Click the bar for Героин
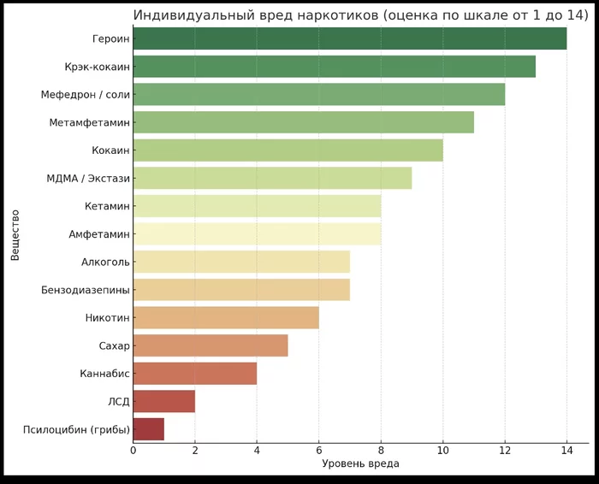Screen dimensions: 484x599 tap(349, 38)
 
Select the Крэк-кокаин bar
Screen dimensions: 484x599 tap(334, 67)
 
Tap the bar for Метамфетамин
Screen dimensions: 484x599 tap(303, 122)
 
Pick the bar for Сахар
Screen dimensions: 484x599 tap(211, 345)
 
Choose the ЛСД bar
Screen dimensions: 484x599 tap(164, 401)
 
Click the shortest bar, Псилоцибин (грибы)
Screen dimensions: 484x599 tap(149, 429)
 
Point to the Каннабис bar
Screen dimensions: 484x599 tap(195, 374)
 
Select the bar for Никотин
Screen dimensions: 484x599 tap(226, 318)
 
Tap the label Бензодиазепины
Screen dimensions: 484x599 tap(86, 290)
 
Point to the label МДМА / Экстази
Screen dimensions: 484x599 tap(88, 178)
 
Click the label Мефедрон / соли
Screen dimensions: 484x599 tap(86, 94)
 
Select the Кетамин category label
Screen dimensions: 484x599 tap(108, 206)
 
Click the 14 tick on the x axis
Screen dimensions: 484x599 tap(566, 450)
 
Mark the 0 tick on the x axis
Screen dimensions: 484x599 tap(133, 450)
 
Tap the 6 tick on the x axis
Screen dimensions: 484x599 tap(319, 450)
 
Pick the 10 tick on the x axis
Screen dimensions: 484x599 tap(442, 450)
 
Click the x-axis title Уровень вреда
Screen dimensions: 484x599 tap(360, 463)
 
